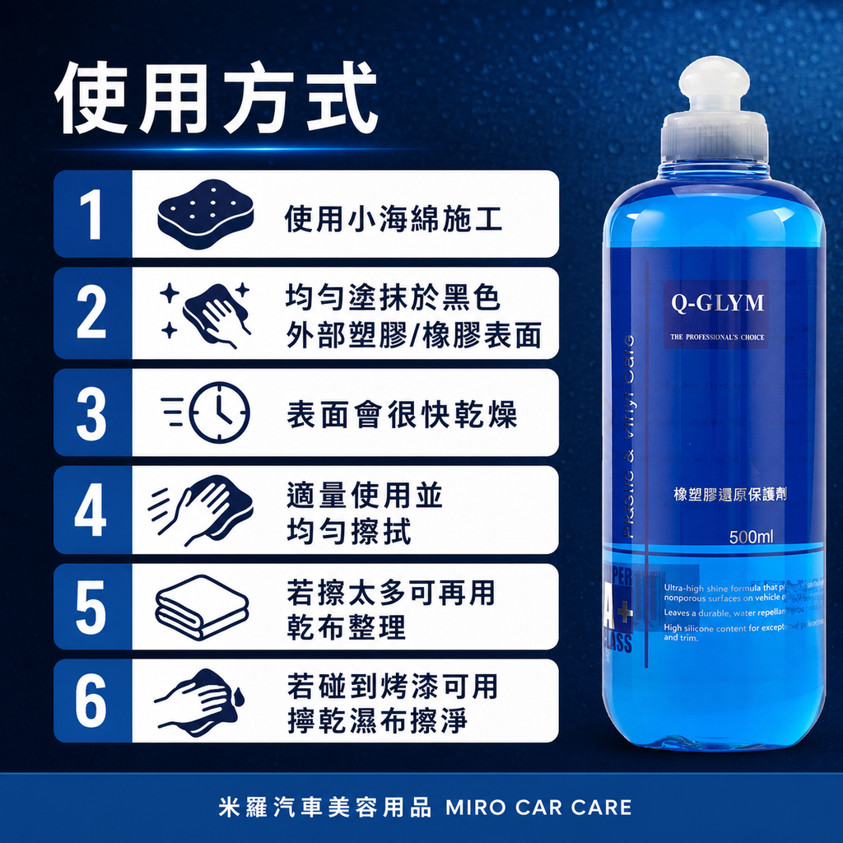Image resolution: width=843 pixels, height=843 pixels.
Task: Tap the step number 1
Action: (91, 214)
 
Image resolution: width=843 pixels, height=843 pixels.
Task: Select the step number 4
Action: (91, 510)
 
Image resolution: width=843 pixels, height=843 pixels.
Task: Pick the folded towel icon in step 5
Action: (202, 606)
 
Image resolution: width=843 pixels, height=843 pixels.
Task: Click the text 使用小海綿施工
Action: (394, 219)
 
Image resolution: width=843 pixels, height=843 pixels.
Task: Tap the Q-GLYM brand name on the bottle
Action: (717, 303)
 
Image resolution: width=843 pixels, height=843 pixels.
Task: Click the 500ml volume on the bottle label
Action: (751, 538)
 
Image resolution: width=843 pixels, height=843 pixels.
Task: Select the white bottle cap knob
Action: (715, 83)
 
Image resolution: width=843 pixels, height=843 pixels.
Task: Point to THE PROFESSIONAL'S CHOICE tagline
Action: (717, 337)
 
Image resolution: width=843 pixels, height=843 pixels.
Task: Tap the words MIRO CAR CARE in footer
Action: (538, 807)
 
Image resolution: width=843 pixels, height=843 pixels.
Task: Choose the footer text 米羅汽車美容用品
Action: (325, 807)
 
